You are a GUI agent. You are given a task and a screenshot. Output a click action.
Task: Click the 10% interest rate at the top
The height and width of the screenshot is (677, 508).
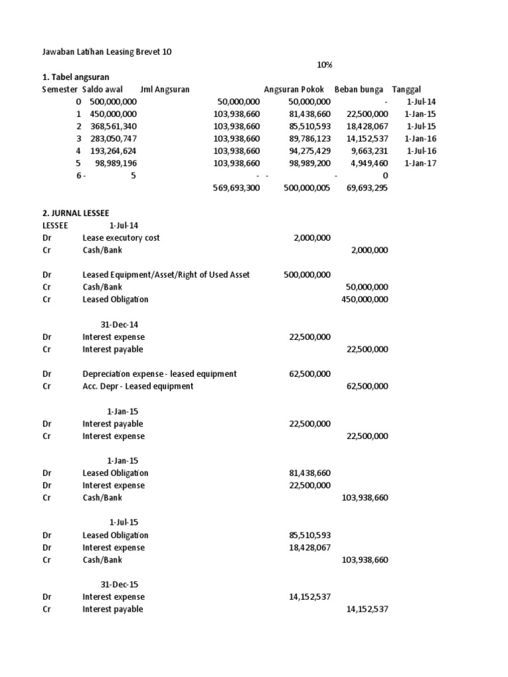click(x=324, y=65)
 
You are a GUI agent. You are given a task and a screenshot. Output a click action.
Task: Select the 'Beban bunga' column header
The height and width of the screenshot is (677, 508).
click(x=359, y=89)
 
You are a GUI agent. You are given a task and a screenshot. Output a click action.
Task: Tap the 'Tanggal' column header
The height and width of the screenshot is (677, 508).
click(x=407, y=89)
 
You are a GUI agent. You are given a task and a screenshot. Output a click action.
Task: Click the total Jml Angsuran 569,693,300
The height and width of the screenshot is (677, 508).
click(x=230, y=188)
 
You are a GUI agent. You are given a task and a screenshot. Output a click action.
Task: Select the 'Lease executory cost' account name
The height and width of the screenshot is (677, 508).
click(x=121, y=238)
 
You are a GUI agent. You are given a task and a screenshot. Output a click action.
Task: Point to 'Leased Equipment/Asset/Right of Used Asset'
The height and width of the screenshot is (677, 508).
click(x=166, y=275)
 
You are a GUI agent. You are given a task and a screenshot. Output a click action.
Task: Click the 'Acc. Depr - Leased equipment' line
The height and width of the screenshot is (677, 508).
click(x=138, y=386)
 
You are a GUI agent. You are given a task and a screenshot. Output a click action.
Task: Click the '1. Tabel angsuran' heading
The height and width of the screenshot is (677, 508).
click(x=75, y=77)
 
